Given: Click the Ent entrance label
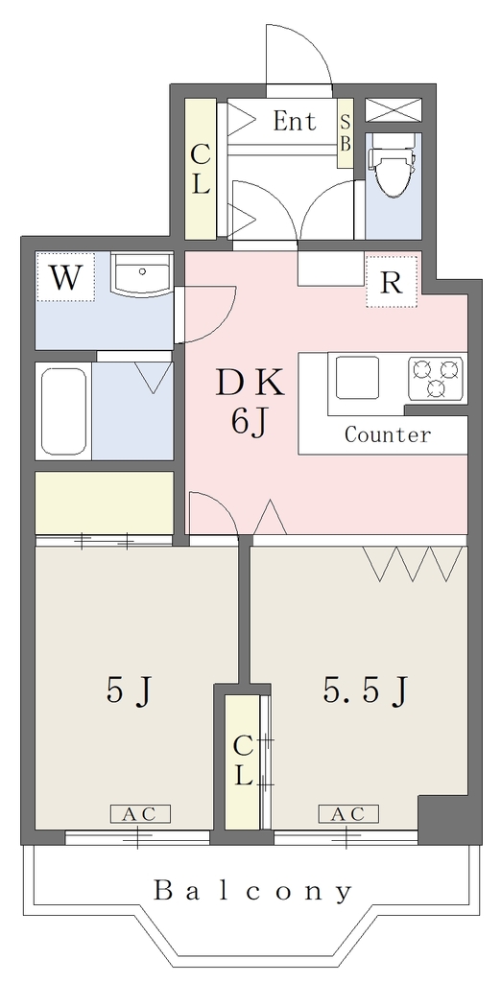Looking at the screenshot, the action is [x=295, y=121].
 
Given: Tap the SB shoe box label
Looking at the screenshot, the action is [x=345, y=133].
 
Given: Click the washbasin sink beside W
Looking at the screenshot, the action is [x=142, y=275].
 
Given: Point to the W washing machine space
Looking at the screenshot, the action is [x=65, y=277].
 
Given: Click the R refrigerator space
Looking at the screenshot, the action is [x=392, y=283].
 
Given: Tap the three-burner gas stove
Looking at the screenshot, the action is [x=436, y=378].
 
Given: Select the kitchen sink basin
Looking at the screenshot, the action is [x=357, y=377].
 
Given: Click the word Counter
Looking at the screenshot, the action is [x=388, y=434].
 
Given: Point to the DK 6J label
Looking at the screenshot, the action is [x=250, y=404].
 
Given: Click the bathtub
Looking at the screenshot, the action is [x=63, y=410].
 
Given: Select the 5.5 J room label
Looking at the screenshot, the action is [x=367, y=691].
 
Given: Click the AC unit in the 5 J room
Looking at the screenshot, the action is [x=140, y=814].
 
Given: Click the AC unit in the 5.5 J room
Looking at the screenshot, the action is [x=348, y=814].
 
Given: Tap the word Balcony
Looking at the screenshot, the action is [x=252, y=891].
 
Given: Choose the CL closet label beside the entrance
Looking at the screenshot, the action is [x=200, y=168].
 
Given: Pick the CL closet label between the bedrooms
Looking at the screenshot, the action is [x=243, y=761].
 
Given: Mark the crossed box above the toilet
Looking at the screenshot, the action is [x=394, y=110].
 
